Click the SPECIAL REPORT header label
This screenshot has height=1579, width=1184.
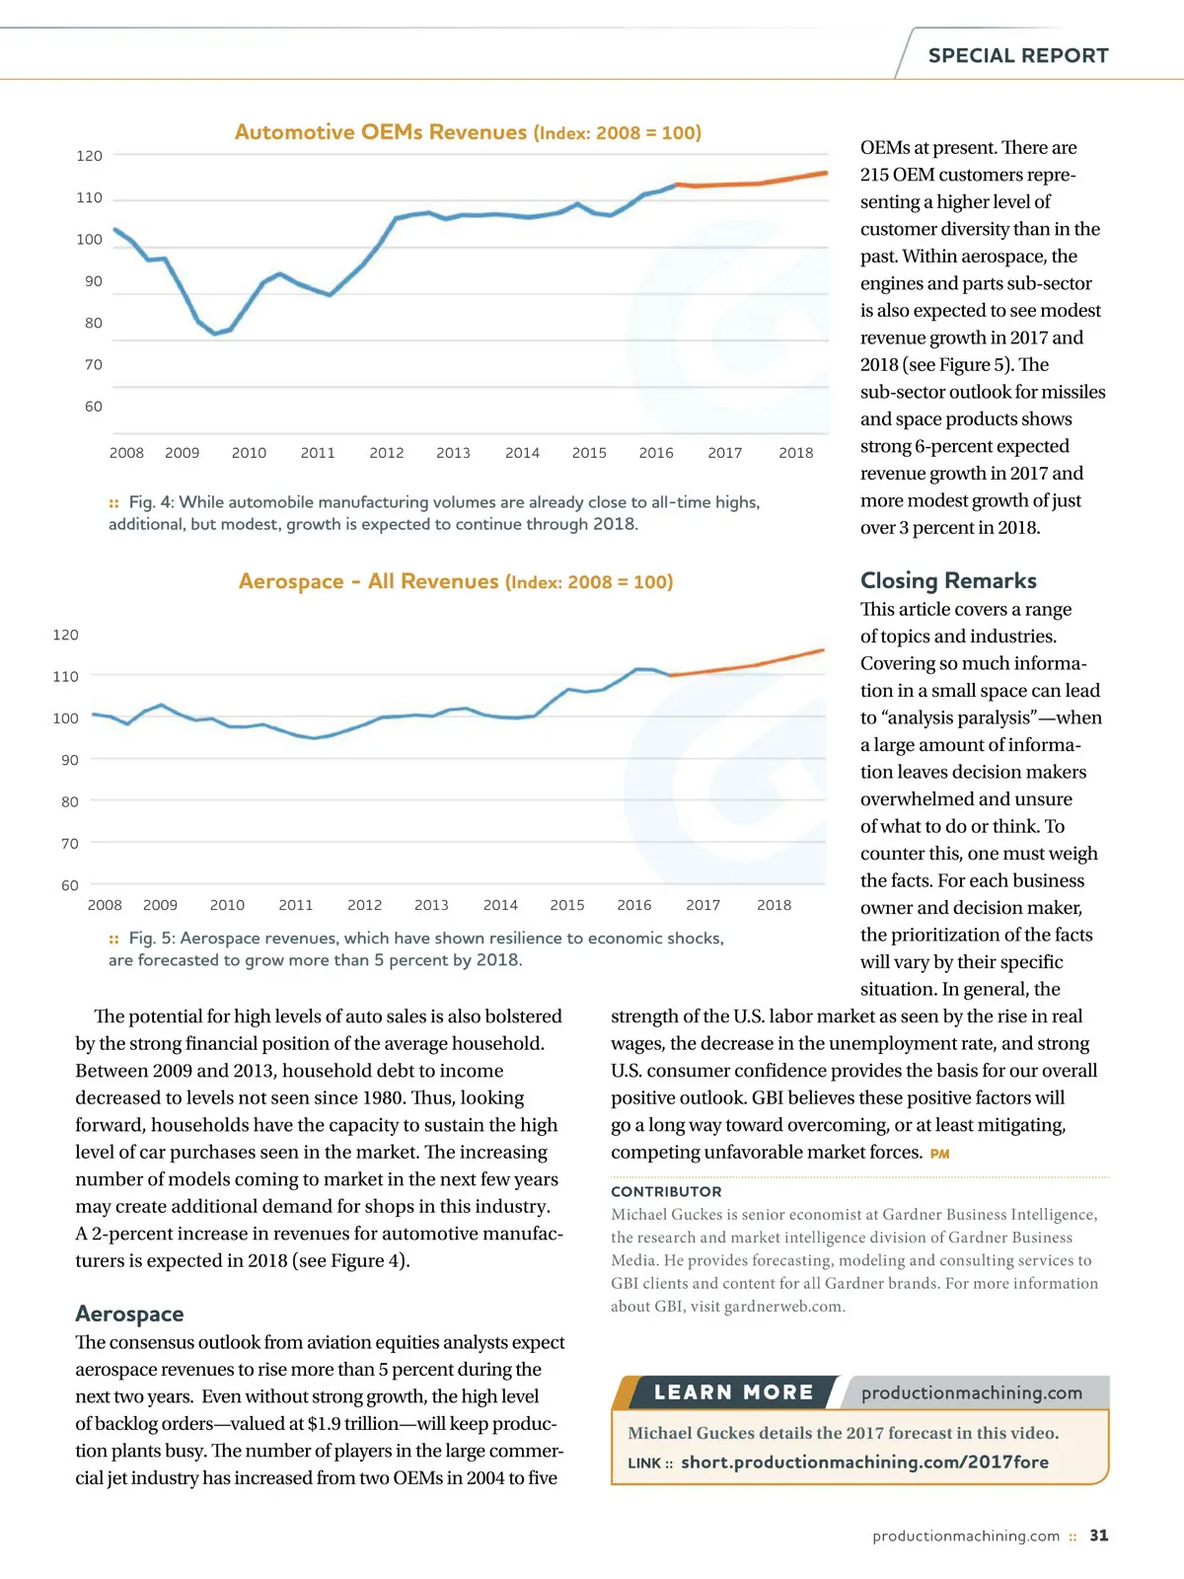click(x=1017, y=56)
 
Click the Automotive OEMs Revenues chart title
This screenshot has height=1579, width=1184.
click(x=468, y=132)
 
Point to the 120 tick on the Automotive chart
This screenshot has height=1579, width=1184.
click(x=89, y=156)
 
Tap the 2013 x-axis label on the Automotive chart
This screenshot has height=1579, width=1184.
click(x=453, y=453)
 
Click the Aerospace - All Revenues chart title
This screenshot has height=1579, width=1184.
click(x=456, y=581)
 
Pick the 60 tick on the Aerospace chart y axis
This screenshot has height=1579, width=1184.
click(x=70, y=885)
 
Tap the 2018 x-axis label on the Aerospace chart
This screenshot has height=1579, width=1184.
click(x=774, y=905)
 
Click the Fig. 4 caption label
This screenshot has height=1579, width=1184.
click(x=149, y=502)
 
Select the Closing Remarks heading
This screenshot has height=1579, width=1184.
click(x=948, y=580)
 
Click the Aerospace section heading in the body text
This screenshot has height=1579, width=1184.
click(x=129, y=1314)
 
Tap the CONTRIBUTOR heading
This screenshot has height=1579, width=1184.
click(x=666, y=1191)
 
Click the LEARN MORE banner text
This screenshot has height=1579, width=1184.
click(x=733, y=1392)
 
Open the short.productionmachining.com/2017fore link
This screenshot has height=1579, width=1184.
click(x=864, y=1462)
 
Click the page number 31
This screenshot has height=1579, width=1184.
click(x=1098, y=1536)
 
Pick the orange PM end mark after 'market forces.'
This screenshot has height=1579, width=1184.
click(x=939, y=1154)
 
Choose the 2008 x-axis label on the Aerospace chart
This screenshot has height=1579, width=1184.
click(x=105, y=905)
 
